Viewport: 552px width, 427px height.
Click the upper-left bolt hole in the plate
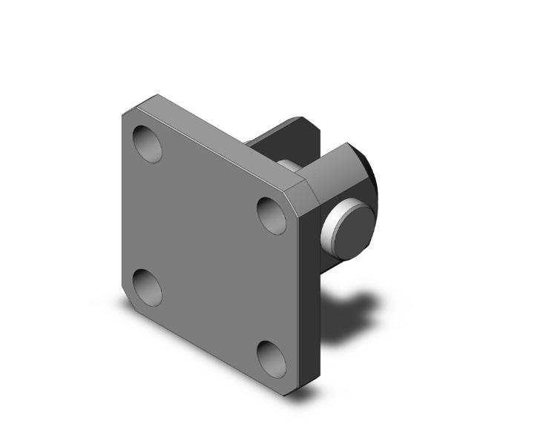click(x=147, y=144)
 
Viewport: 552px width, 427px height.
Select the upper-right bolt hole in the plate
click(x=272, y=215)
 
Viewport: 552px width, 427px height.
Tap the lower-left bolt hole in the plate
click(x=147, y=287)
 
